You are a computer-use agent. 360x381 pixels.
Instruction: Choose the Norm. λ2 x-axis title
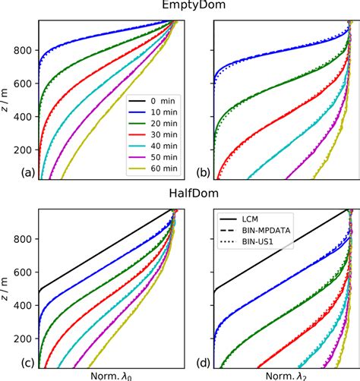pyautogui.click(x=279, y=373)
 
